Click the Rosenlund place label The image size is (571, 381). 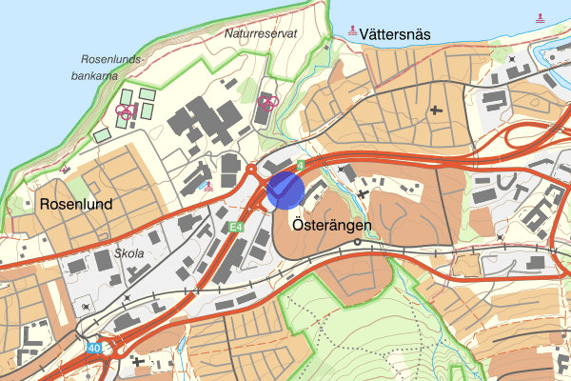(x=76, y=205)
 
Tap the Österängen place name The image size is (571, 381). (x=325, y=227)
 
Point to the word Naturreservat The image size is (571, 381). (x=262, y=32)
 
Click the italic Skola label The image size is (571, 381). (x=128, y=255)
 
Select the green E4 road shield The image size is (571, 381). (x=235, y=227)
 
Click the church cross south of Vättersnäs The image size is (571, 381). (x=438, y=110)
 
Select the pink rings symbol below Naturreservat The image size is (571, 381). (x=266, y=101)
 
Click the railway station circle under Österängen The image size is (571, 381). (x=357, y=242)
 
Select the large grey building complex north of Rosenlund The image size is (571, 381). (x=203, y=122)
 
